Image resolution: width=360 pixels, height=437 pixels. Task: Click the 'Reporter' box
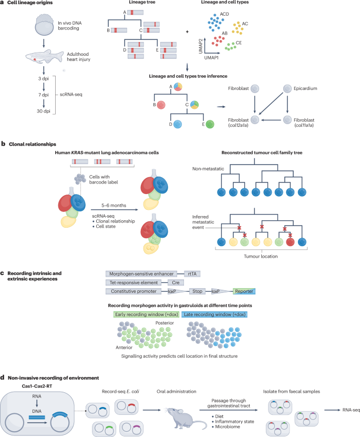pyautogui.click(x=244, y=291)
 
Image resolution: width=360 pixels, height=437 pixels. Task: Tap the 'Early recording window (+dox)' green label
pyautogui.click(x=147, y=314)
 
